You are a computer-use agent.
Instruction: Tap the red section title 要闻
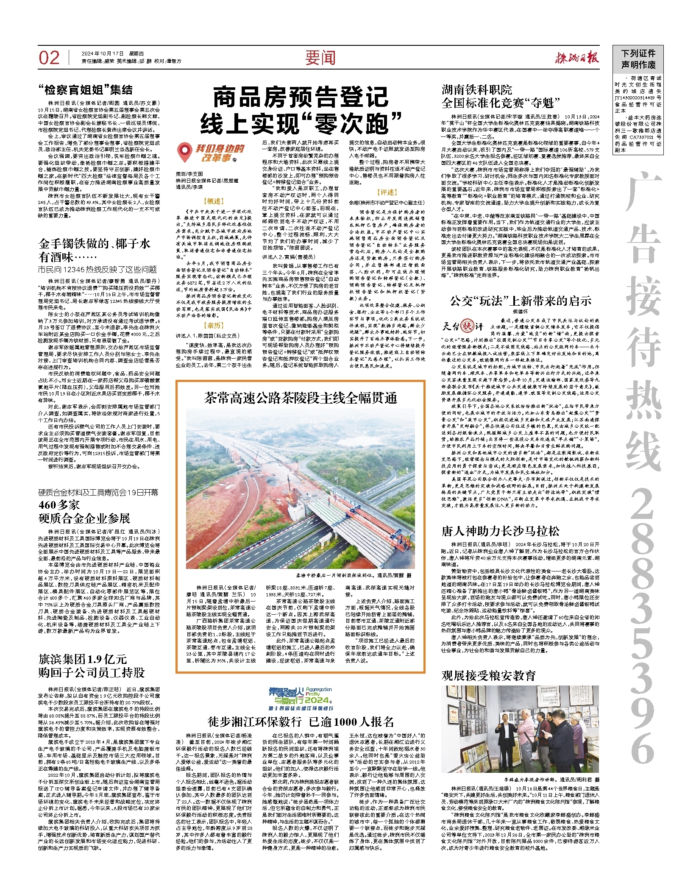coord(320,58)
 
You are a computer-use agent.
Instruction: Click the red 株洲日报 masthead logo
coord(577,58)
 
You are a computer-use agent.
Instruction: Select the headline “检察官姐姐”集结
coord(85,90)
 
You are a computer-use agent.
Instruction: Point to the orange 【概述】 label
coord(214,201)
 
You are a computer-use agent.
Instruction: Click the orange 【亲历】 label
coord(214,325)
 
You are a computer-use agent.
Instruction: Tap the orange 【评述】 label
coord(387,192)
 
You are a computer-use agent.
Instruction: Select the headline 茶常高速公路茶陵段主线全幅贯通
coord(301,398)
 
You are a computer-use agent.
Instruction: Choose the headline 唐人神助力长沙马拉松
coord(500,531)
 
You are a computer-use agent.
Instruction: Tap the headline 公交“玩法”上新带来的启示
coord(521,301)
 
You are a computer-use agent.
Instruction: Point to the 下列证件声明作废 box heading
coord(638,59)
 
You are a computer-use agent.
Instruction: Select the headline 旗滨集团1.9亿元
coord(83,659)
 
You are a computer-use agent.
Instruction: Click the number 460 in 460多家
coord(47,504)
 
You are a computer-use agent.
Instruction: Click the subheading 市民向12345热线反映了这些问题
coord(97,270)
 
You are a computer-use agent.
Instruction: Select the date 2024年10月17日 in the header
coord(102,53)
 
